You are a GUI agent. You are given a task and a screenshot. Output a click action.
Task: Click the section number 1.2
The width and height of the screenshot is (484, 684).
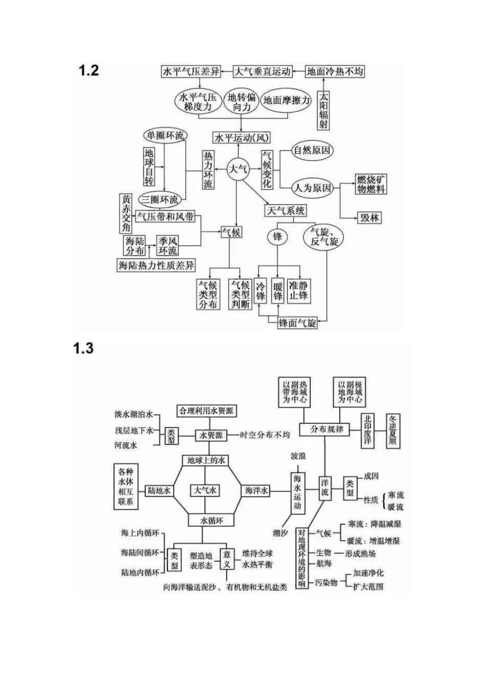89,71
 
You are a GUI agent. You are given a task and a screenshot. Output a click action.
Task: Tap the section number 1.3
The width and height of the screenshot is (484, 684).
83,349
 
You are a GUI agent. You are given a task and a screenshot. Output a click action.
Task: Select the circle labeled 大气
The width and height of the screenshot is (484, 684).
237,169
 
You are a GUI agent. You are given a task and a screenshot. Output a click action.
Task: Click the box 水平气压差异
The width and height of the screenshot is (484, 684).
191,71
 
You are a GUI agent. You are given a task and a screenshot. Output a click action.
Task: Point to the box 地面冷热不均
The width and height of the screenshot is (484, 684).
335,71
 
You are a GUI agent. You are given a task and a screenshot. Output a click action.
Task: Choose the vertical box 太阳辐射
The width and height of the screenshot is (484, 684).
324,110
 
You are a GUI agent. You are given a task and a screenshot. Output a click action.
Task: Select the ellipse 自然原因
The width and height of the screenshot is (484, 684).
312,151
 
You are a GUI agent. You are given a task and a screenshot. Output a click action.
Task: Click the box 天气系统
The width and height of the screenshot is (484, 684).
286,210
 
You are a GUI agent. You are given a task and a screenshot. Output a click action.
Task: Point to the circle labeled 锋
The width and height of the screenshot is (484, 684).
277,237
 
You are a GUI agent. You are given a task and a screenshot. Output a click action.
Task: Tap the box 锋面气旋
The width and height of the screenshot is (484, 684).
298,322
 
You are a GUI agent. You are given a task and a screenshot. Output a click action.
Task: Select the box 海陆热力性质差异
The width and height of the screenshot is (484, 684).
156,265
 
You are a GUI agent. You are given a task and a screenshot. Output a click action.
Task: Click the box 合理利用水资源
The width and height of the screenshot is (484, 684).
206,411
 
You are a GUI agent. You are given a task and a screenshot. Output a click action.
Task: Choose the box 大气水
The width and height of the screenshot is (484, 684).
205,490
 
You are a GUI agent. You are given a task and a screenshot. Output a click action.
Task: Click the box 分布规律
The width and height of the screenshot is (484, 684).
327,429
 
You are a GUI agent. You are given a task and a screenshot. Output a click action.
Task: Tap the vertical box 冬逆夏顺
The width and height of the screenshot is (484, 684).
393,430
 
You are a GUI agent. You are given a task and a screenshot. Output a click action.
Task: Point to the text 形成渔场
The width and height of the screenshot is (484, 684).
360,553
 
